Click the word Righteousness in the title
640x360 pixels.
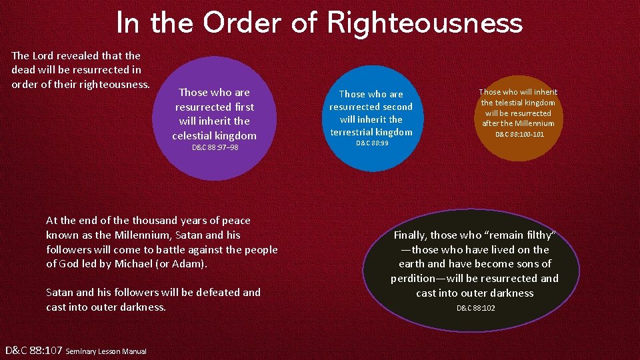pyautogui.click(x=425, y=24)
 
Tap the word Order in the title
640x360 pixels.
pyautogui.click(x=241, y=24)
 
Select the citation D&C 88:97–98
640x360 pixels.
pyautogui.click(x=215, y=147)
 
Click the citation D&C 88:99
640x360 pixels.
pyautogui.click(x=372, y=143)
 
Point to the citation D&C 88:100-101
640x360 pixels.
pyautogui.click(x=519, y=135)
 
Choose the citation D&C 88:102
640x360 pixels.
pyautogui.click(x=475, y=308)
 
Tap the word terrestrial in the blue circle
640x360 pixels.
pyautogui.click(x=353, y=132)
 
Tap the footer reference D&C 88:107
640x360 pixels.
pyautogui.click(x=33, y=350)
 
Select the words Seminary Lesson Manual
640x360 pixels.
pyautogui.click(x=106, y=351)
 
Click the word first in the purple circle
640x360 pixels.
pyautogui.click(x=244, y=107)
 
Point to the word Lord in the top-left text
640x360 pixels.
pyautogui.click(x=45, y=55)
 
